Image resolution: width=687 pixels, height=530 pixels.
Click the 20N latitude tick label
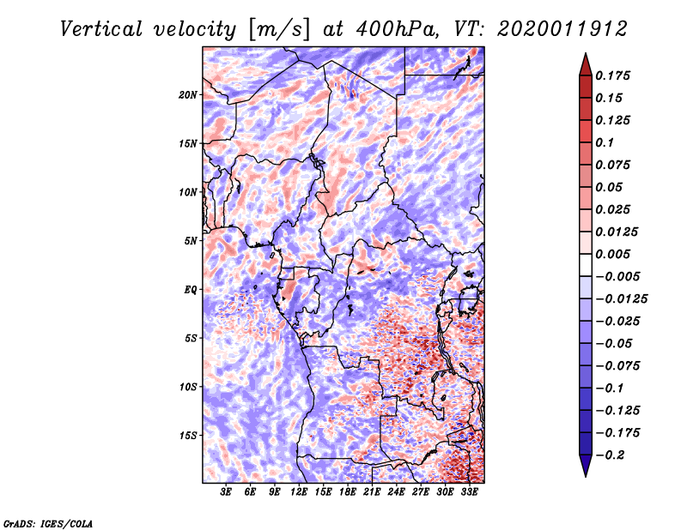(x=188, y=94)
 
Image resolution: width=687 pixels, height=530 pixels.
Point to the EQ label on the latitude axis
(x=191, y=290)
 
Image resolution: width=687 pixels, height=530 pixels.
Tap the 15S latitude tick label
(x=188, y=436)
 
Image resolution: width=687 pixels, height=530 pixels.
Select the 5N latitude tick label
(x=190, y=241)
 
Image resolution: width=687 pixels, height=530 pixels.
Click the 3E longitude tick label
(x=227, y=493)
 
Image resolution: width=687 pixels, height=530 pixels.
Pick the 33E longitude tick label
(x=469, y=493)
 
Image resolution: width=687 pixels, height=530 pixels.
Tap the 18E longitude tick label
(x=348, y=493)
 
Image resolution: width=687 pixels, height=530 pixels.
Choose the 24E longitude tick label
(x=396, y=493)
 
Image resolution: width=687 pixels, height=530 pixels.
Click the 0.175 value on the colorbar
(x=614, y=75)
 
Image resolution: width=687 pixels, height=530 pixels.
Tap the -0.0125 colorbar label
(x=623, y=298)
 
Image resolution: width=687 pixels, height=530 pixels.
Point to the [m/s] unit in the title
(x=279, y=29)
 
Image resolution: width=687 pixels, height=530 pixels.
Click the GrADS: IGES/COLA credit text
(x=48, y=522)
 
